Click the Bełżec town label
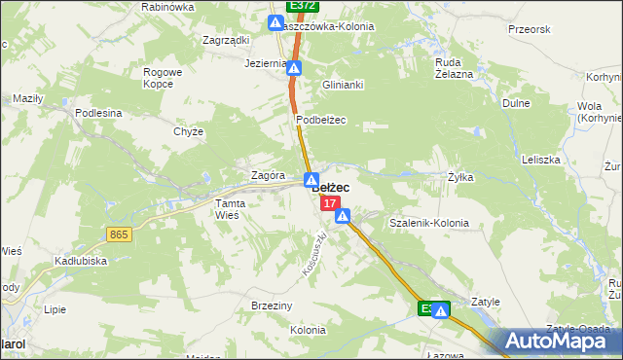point(331,188)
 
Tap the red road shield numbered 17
point(331,203)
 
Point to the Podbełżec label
point(321,120)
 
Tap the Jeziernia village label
point(266,64)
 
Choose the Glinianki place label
point(343,85)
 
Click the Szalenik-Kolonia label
point(428,223)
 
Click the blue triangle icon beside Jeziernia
point(294,68)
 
